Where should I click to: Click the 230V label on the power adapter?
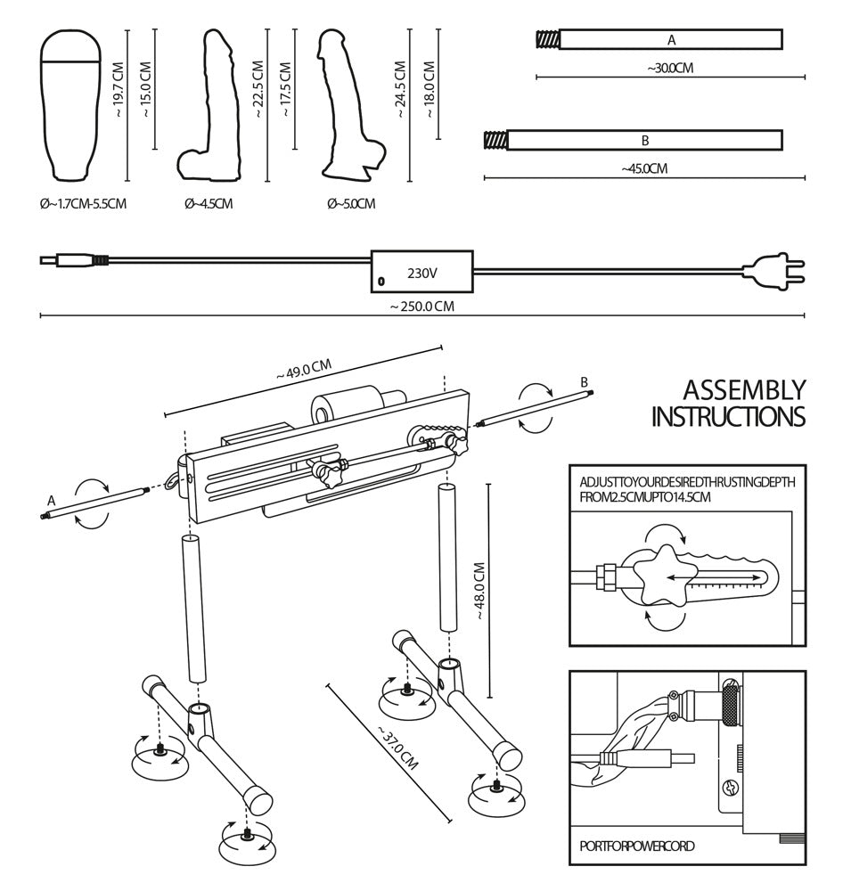pos(422,273)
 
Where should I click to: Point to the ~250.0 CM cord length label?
pos(421,307)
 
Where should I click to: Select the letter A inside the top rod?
pos(671,40)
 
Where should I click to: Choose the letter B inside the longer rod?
pos(644,141)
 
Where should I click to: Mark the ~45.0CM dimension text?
pos(644,168)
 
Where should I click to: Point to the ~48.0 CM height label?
pos(479,591)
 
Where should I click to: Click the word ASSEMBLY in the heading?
pos(743,390)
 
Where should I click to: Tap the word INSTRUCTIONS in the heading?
pos(728,417)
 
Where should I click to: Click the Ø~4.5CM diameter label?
pos(209,204)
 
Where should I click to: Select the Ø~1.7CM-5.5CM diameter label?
pos(83,204)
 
